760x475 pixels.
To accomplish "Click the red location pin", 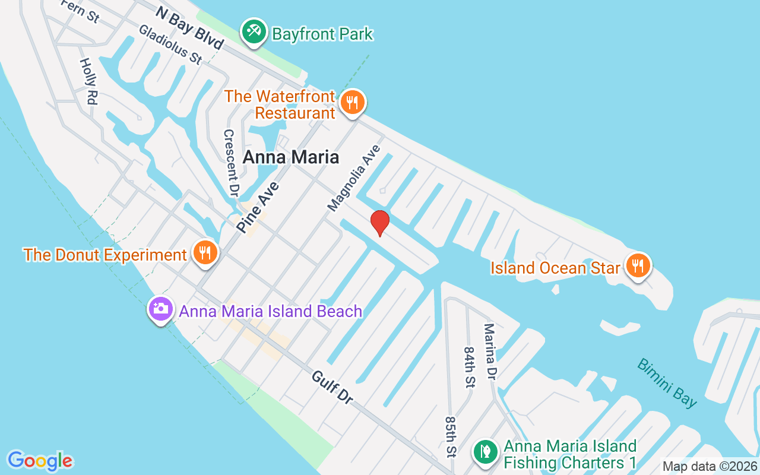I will tap(379, 223).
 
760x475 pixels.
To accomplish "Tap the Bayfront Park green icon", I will tap(255, 32).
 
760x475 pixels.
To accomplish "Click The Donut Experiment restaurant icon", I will tap(205, 254).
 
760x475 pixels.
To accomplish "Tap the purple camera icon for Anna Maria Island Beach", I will tap(160, 309).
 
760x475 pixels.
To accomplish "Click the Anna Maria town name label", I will tap(291, 157).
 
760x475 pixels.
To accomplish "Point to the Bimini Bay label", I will tap(667, 383).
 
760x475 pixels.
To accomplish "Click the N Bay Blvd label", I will tap(189, 28).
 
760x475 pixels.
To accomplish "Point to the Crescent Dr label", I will tap(230, 163).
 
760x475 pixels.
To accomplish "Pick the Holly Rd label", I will tap(88, 81).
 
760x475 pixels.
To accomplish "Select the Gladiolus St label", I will tap(170, 45).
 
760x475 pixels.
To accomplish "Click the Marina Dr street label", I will tap(490, 351).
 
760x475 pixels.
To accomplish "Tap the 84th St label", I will tap(470, 368).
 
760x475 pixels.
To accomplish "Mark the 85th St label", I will tap(451, 436).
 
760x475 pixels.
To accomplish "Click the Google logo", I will tap(40, 461).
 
